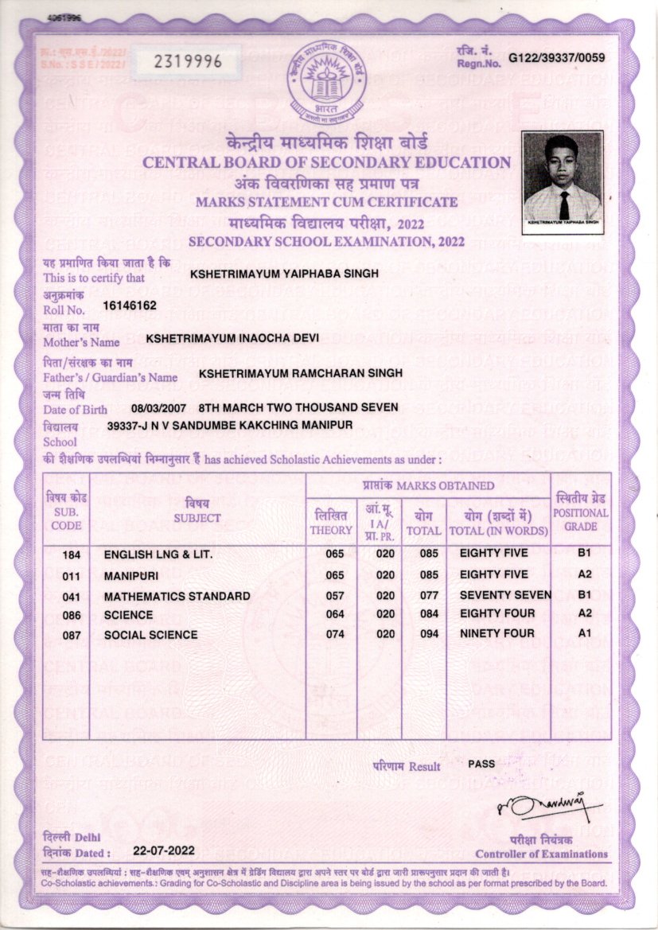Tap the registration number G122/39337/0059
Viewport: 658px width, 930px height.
coord(557,57)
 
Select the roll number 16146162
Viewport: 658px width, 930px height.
coord(130,305)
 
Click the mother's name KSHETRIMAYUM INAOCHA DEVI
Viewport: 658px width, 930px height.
coord(232,338)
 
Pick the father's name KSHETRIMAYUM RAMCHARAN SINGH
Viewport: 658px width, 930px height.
coord(301,372)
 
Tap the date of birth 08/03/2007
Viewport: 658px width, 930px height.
coord(158,407)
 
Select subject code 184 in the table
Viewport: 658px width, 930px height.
coord(70,554)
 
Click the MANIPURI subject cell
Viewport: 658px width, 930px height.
coord(130,574)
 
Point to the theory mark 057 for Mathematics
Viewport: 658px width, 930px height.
coord(335,595)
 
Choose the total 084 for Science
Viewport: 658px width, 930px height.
coord(422,614)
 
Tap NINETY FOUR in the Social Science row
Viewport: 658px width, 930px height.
coord(497,634)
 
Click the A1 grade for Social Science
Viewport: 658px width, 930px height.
coord(584,634)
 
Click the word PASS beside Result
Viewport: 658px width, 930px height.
coord(481,764)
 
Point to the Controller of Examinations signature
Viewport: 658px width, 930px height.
coord(548,811)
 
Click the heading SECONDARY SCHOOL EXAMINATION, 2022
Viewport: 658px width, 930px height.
coord(326,242)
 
